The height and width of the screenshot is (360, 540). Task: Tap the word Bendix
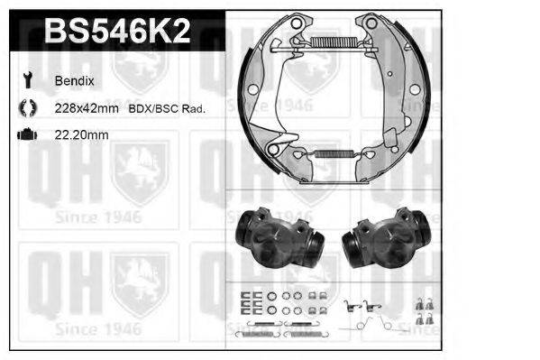point(73,80)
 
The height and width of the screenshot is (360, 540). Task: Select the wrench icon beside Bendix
point(24,80)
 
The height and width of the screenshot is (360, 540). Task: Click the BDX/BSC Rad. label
point(168,108)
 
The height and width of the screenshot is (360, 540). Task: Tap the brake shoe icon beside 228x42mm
point(24,108)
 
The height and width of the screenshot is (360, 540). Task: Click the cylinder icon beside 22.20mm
point(24,135)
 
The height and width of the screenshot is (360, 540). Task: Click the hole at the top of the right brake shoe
point(368,25)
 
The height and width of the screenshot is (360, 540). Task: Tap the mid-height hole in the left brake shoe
point(255,88)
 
